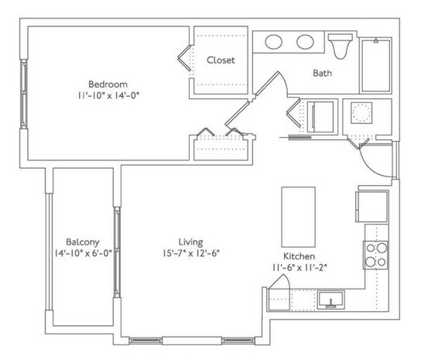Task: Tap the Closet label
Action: click(x=220, y=60)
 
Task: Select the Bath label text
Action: click(x=323, y=74)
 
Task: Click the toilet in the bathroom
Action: click(x=339, y=46)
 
